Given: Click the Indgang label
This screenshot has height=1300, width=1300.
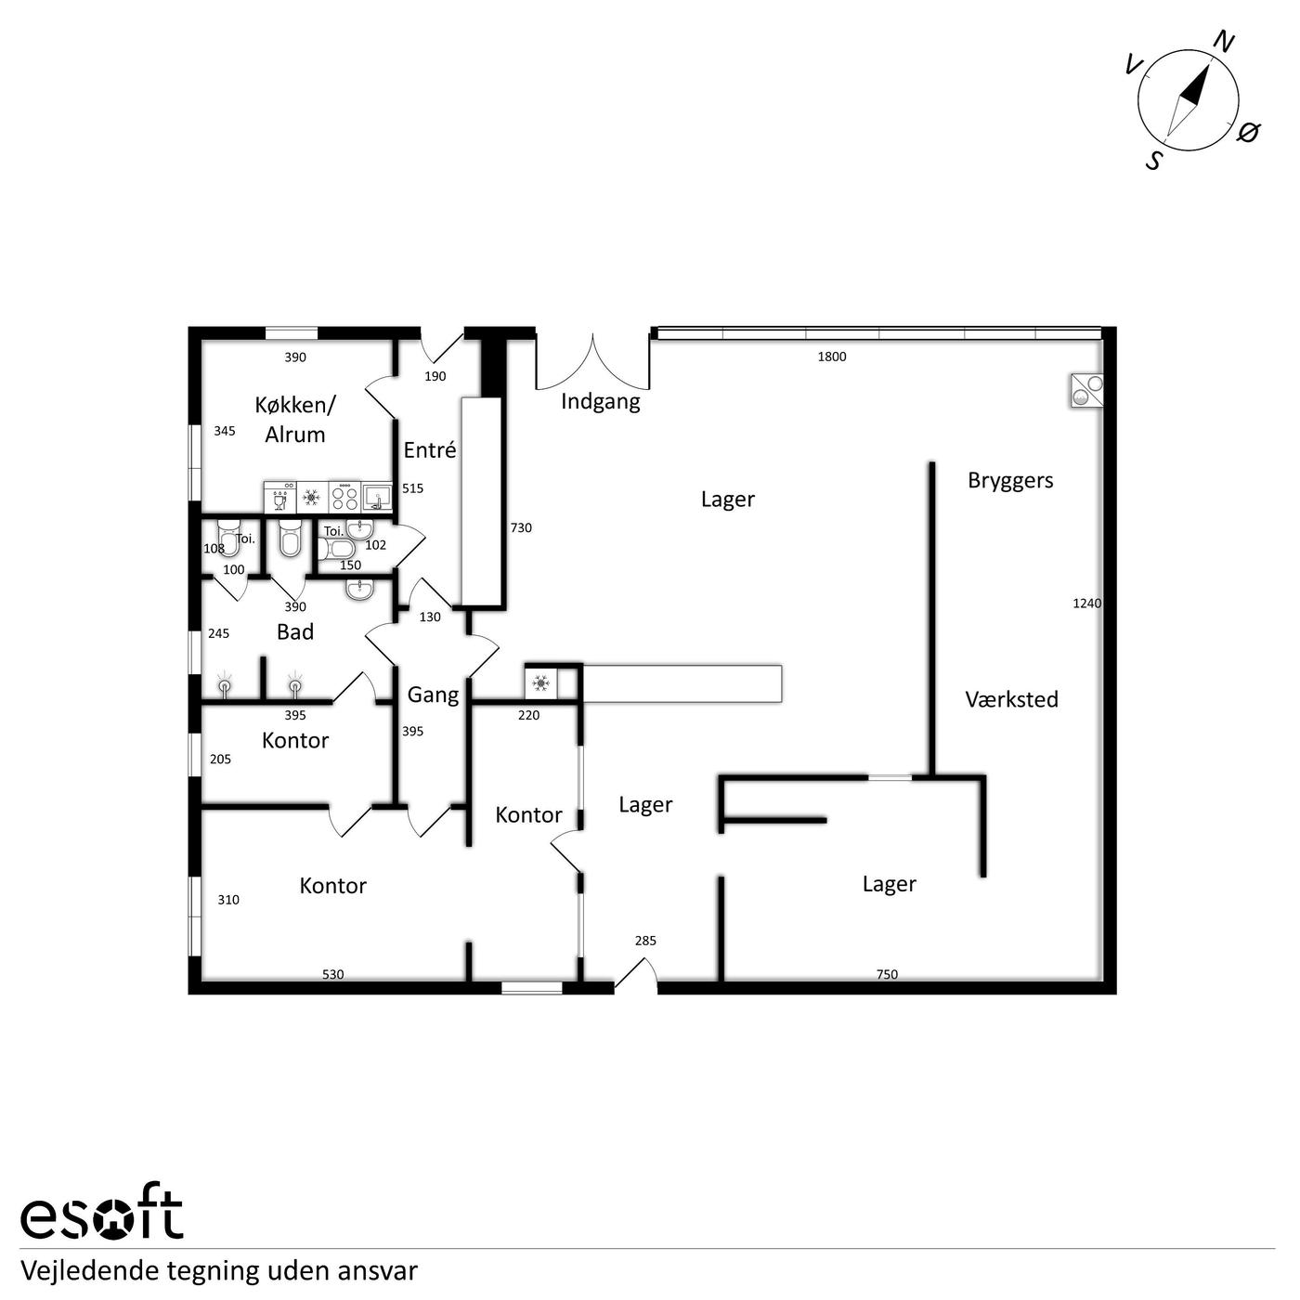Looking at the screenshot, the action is point(600,402).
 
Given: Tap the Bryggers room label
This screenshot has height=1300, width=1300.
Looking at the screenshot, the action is point(1010,481).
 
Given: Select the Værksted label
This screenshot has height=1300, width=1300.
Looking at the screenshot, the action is point(1011,699).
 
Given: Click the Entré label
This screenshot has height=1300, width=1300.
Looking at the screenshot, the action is point(430,449).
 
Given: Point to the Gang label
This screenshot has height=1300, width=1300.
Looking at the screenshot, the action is point(433,695).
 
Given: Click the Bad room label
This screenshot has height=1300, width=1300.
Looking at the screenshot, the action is point(294,632).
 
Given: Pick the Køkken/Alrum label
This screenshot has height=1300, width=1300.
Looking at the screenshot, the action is point(294,420).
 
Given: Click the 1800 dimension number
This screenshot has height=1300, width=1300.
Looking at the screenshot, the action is point(832,357).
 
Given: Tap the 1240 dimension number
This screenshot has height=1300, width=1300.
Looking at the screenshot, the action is point(1086,604).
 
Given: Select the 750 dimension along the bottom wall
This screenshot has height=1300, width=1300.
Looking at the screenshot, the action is point(887,974).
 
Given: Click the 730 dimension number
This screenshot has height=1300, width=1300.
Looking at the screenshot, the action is point(521,527).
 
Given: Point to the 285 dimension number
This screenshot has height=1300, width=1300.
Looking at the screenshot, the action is point(645,941).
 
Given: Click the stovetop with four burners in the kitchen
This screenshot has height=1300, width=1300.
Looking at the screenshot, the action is point(344,497).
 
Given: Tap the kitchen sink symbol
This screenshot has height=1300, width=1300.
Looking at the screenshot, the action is point(377,497).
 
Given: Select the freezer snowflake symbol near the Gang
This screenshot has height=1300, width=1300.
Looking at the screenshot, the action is point(540,684).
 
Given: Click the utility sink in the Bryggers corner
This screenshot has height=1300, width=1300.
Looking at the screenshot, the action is point(1086,391).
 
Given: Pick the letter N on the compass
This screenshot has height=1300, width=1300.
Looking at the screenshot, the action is point(1224,43).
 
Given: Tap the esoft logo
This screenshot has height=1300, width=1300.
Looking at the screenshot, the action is point(102,1218).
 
